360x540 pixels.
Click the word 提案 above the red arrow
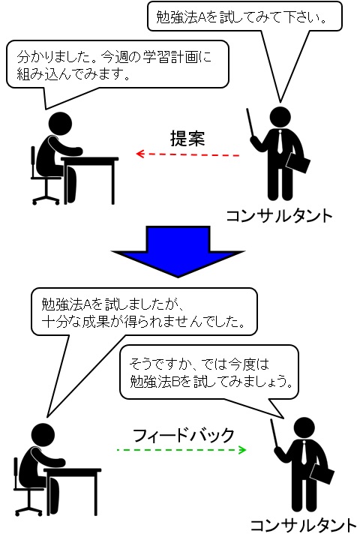click(x=187, y=139)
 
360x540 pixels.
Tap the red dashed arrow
click(x=187, y=154)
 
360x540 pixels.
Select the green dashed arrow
click(x=181, y=450)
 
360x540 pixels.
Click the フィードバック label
click(x=184, y=435)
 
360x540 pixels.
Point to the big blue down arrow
click(x=178, y=251)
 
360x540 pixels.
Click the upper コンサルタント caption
click(x=280, y=216)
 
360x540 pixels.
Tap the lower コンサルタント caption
click(x=303, y=526)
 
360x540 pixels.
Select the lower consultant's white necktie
click(x=304, y=452)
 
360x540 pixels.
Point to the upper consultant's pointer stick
click(x=250, y=123)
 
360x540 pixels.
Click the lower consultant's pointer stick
click(x=274, y=433)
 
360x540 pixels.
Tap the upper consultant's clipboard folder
click(x=298, y=163)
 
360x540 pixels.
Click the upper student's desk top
click(x=90, y=160)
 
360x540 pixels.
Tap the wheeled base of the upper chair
click(x=46, y=199)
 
